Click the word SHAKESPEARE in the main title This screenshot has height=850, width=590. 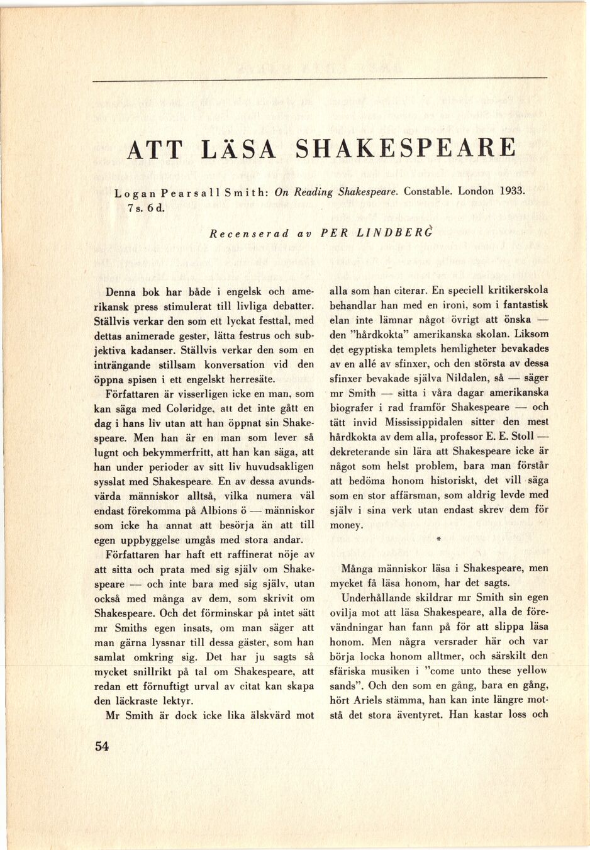pos(405,148)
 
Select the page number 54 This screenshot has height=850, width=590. pos(102,747)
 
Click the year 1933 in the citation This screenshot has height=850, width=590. pos(511,190)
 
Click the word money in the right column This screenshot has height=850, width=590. pos(346,525)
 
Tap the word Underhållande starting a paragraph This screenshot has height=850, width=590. pos(378,597)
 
